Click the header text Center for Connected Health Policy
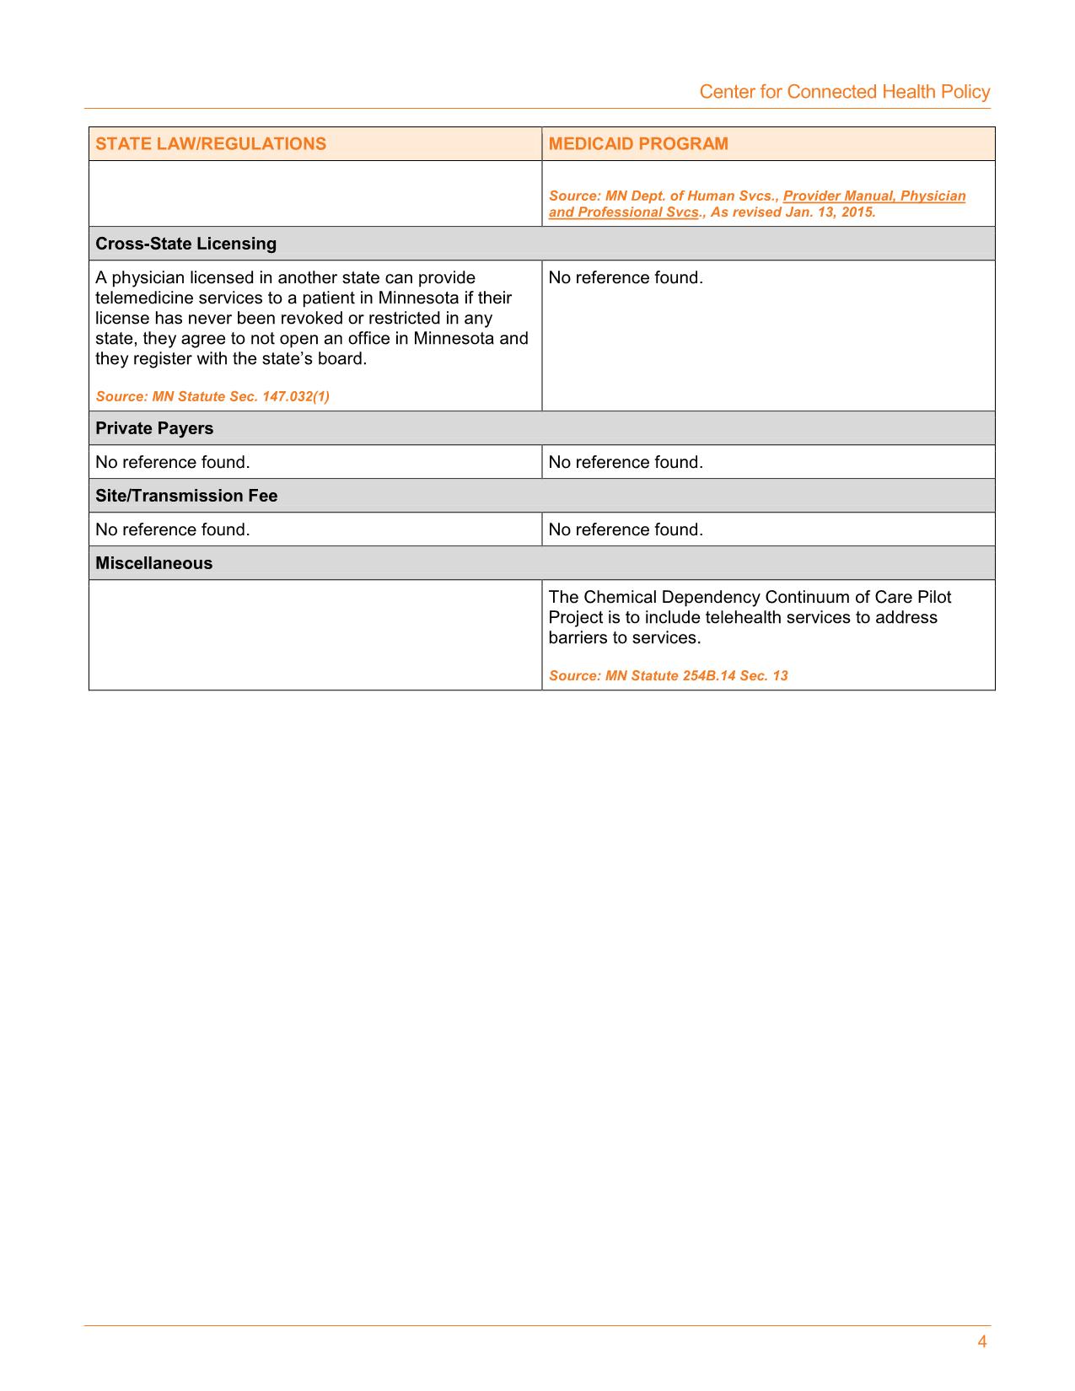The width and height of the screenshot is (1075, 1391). (x=844, y=92)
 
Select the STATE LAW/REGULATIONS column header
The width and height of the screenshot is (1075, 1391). (x=210, y=143)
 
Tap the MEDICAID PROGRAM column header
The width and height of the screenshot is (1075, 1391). (x=638, y=143)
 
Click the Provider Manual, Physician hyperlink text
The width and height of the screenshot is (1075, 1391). (x=873, y=196)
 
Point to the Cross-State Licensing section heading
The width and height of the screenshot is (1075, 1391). (x=185, y=244)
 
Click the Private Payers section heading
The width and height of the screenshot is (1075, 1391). (x=154, y=428)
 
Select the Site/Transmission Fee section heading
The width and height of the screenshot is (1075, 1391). (x=186, y=496)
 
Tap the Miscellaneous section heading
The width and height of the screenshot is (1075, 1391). (x=153, y=563)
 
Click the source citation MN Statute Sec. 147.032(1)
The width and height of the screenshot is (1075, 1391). (x=212, y=396)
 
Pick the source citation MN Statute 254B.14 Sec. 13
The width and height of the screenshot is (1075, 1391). (x=668, y=675)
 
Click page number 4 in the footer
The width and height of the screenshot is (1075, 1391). (x=981, y=1342)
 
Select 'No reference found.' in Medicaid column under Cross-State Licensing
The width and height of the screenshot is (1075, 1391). (x=625, y=277)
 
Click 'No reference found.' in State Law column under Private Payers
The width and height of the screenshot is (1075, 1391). (x=172, y=462)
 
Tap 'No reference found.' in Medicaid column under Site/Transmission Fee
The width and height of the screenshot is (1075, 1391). (x=625, y=529)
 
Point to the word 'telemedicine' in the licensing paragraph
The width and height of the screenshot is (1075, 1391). (x=144, y=298)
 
